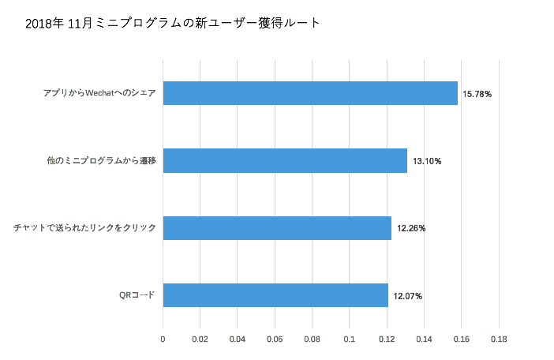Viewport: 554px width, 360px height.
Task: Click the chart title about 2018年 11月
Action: pos(173,23)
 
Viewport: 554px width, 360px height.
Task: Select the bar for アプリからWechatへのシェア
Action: pos(310,93)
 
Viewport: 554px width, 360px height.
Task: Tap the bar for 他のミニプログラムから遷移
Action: pos(285,161)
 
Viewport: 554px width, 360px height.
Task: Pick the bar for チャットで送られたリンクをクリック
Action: pos(277,228)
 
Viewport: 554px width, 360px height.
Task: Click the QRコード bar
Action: pos(275,295)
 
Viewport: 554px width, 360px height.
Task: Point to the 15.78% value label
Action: pos(477,94)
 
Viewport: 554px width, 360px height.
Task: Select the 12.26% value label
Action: pos(411,229)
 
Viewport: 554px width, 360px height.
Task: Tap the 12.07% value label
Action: pos(408,296)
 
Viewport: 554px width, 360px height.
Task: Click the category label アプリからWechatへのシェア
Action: pos(100,94)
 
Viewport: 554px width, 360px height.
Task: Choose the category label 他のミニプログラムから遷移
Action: pos(102,161)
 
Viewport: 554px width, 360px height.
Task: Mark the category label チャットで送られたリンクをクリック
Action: pos(84,229)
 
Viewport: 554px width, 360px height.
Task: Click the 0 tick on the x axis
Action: pos(163,339)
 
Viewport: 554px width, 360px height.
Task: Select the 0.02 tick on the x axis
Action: pos(200,339)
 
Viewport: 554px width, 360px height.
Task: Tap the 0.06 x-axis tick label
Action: pos(275,339)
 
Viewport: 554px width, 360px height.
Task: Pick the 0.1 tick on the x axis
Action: pos(350,339)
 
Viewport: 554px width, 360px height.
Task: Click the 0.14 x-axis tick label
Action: pos(424,339)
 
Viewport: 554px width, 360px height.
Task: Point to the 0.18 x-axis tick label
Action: pos(499,339)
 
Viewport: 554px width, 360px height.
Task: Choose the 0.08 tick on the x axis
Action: pos(312,339)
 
